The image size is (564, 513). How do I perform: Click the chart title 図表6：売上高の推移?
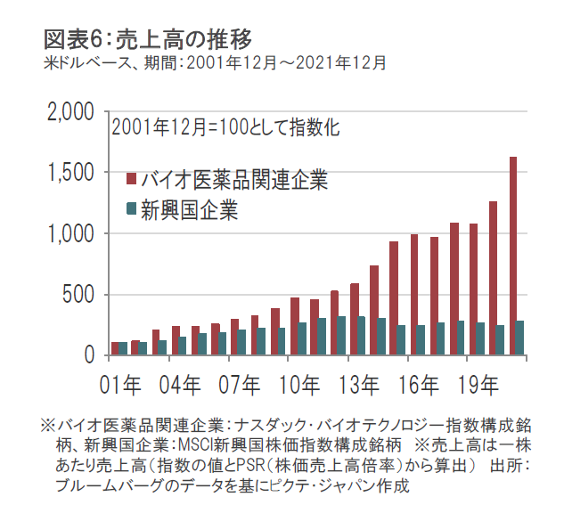[148, 38]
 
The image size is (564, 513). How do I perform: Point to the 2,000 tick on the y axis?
[69, 113]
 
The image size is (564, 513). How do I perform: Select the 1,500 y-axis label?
[69, 173]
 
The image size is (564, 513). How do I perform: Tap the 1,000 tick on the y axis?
[69, 234]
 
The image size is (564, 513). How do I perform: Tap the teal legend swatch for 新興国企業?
[131, 209]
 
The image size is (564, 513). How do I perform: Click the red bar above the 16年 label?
[414, 295]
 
